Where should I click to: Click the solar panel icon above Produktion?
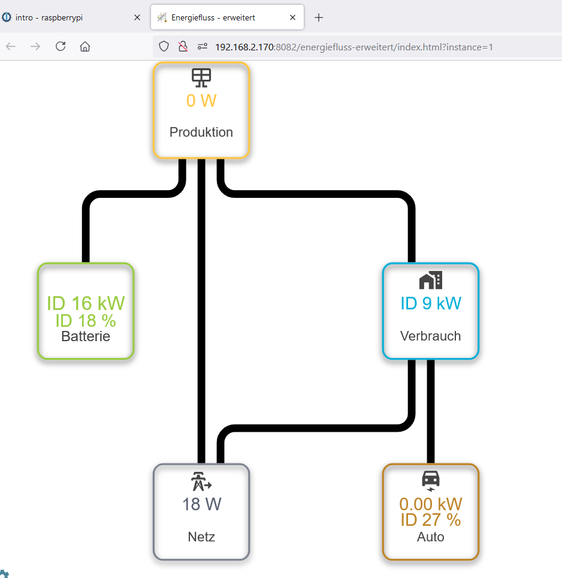point(201,78)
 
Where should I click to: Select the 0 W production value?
point(201,101)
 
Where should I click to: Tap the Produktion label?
point(201,132)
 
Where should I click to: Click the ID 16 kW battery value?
point(86,303)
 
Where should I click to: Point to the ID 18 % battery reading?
point(86,321)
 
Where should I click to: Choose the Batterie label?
point(86,336)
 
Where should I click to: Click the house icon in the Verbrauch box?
point(431,280)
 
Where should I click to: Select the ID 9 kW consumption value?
point(431,303)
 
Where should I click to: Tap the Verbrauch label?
point(431,336)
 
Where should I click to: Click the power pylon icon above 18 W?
point(201,481)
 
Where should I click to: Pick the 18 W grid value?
point(201,504)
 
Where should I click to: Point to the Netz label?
point(201,537)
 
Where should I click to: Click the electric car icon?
point(431,481)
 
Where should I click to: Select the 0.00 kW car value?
point(431,504)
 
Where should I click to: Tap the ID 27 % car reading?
point(431,520)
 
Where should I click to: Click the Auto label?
point(431,537)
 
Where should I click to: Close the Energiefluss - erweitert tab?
point(293,17)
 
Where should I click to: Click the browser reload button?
point(61,46)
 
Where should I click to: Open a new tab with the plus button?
point(319,17)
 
